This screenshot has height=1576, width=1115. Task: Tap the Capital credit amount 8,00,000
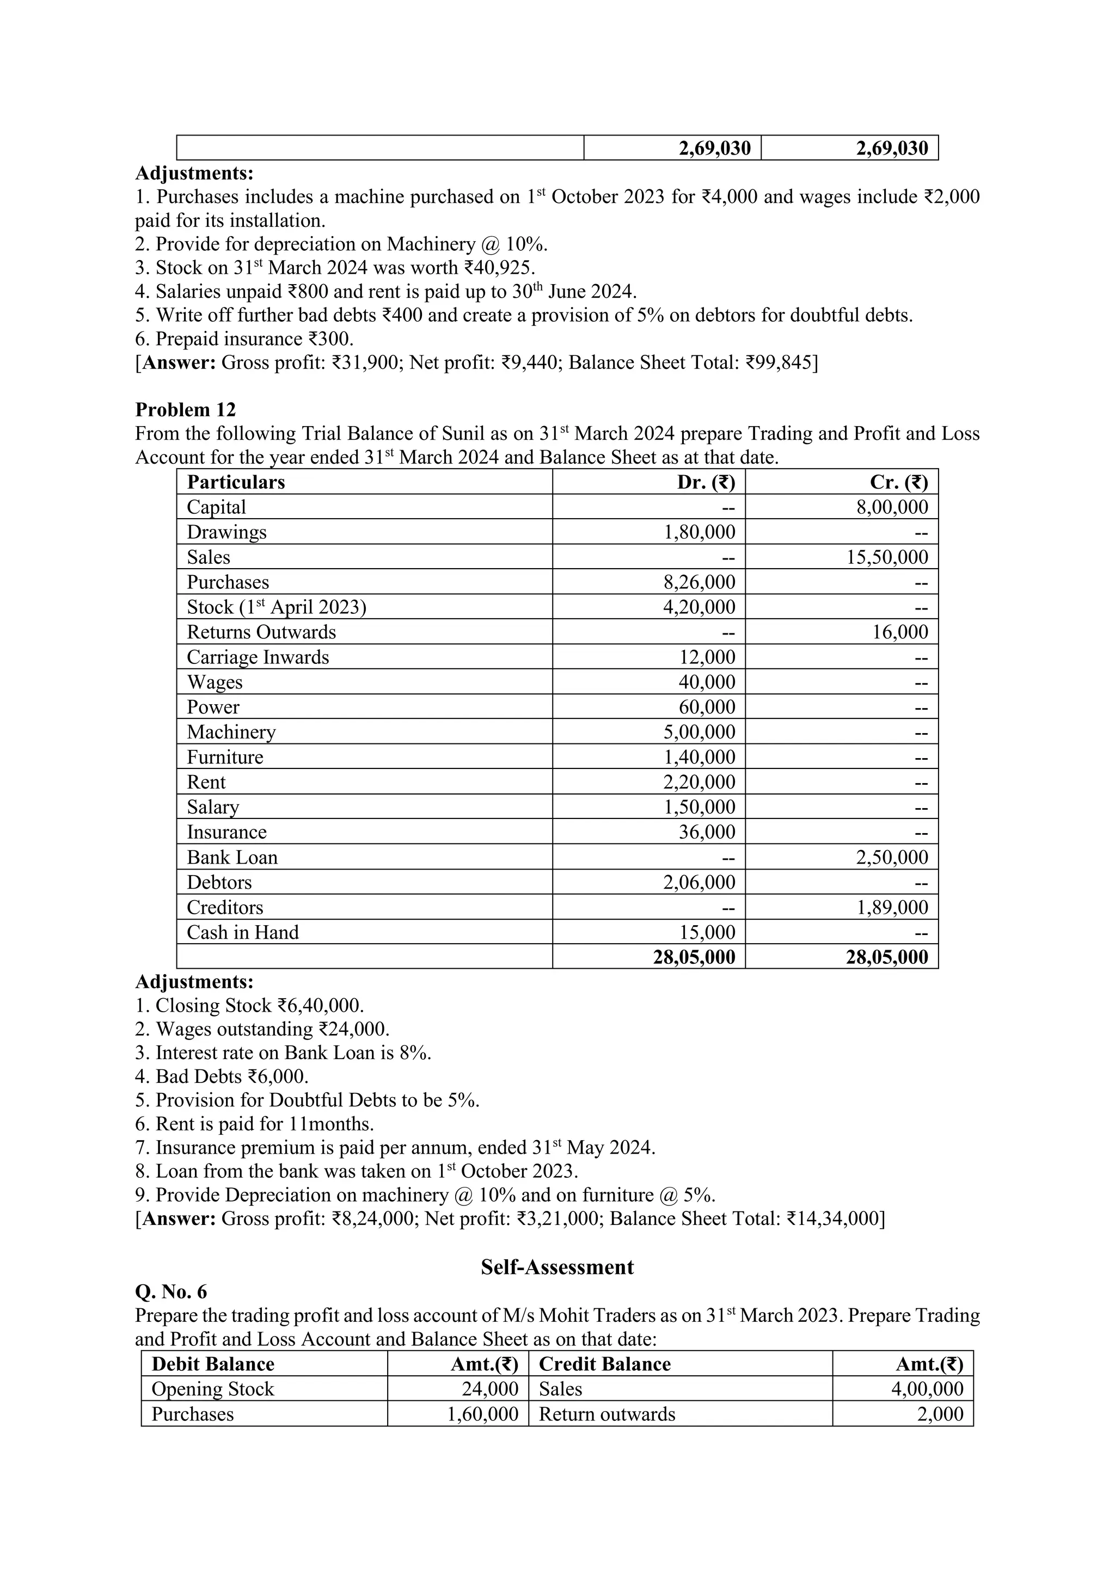(x=891, y=507)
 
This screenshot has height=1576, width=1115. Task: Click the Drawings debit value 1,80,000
(x=699, y=532)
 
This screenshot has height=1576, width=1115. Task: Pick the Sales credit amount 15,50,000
(x=886, y=557)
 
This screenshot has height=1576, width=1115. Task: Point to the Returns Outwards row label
(x=261, y=632)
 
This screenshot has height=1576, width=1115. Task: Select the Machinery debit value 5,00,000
(x=699, y=732)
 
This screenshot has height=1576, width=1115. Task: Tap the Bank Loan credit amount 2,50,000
(x=891, y=857)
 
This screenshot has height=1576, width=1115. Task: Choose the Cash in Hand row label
(x=242, y=932)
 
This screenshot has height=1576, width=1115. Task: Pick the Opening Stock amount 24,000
(x=489, y=1389)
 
